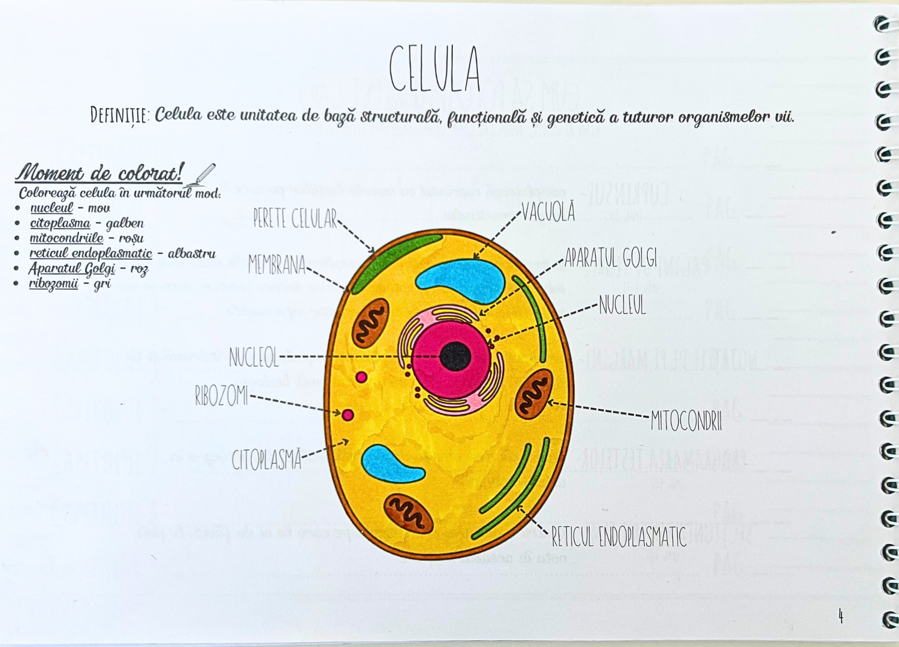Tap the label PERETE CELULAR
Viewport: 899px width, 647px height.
point(295,219)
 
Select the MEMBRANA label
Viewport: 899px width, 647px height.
point(277,265)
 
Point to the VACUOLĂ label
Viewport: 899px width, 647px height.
point(548,211)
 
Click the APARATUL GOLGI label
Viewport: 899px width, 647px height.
point(611,258)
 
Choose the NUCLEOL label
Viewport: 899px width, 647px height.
point(254,358)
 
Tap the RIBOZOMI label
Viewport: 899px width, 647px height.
point(221,396)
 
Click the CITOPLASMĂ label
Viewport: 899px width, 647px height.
point(266,460)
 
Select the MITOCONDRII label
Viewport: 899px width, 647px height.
point(686,421)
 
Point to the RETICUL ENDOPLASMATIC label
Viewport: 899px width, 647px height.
point(619,537)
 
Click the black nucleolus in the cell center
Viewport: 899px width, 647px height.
point(455,357)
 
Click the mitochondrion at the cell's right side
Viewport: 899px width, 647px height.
point(533,394)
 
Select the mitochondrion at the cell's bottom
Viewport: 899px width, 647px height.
point(408,513)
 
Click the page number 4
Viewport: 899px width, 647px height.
point(841,616)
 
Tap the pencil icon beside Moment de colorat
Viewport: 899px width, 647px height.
point(201,175)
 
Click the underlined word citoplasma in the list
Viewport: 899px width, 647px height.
point(60,223)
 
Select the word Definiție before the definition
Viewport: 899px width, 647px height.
point(120,115)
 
